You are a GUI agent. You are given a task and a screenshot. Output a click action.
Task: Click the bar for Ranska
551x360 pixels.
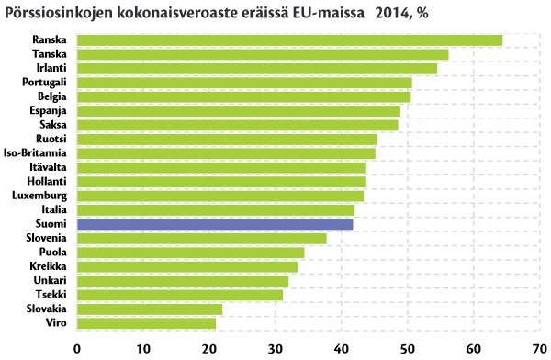click(x=289, y=40)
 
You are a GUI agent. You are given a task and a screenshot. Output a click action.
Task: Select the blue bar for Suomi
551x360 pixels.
click(x=215, y=224)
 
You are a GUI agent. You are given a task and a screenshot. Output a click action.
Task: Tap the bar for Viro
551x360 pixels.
click(x=146, y=323)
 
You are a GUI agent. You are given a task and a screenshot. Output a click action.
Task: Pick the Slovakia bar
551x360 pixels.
click(x=150, y=309)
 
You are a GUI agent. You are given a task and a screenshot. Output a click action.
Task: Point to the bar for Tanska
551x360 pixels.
click(x=263, y=54)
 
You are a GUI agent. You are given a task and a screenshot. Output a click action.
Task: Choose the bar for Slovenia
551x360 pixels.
click(x=202, y=239)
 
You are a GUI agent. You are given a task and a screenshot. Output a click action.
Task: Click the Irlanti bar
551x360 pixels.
click(x=257, y=69)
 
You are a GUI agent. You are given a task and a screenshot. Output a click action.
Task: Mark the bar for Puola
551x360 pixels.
click(x=191, y=253)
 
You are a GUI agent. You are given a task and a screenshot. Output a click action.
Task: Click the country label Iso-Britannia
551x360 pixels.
click(x=35, y=153)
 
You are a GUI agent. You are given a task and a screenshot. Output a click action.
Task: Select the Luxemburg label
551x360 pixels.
click(x=39, y=196)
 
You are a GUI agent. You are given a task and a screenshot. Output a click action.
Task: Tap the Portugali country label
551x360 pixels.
click(x=44, y=83)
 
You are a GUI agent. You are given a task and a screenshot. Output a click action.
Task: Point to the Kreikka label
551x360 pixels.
click(x=48, y=266)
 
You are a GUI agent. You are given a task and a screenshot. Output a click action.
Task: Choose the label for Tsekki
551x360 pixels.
click(x=51, y=294)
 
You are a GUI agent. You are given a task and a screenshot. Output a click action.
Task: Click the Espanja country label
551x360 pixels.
click(x=48, y=111)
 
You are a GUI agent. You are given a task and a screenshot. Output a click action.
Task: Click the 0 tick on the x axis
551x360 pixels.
click(x=77, y=349)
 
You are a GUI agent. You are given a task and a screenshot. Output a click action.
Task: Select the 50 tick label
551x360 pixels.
click(x=407, y=349)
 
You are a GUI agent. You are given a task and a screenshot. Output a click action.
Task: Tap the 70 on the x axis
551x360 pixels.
click(x=540, y=349)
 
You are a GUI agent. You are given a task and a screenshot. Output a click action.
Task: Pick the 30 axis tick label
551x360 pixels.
click(x=275, y=349)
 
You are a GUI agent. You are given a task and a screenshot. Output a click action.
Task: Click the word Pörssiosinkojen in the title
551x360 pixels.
click(x=59, y=14)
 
